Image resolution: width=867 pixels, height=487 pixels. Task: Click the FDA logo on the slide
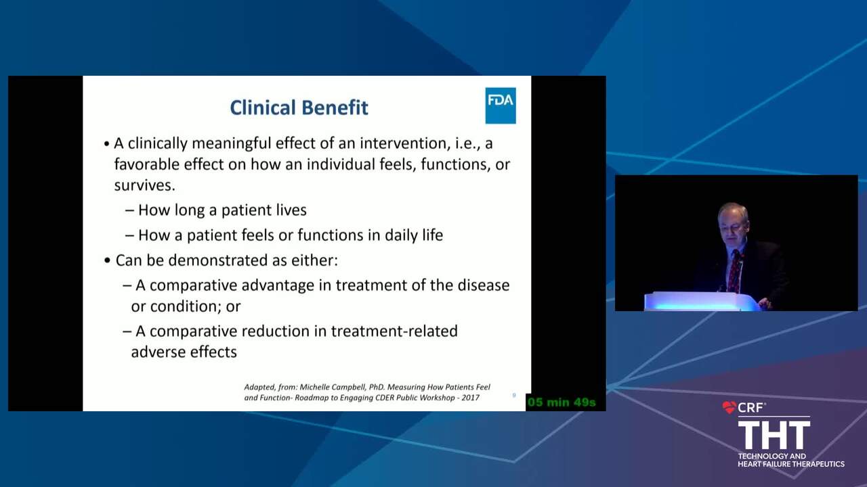(x=501, y=106)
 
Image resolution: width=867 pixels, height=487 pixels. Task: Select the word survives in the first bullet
(x=144, y=185)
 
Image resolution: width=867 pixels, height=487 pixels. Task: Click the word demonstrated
(x=218, y=260)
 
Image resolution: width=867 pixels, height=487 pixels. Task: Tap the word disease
(x=484, y=285)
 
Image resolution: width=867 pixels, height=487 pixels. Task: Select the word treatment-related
(x=394, y=331)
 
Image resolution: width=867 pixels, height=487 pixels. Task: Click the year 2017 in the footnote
(x=470, y=398)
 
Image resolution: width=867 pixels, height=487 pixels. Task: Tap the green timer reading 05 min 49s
(x=562, y=402)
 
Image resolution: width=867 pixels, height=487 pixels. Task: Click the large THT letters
(x=774, y=435)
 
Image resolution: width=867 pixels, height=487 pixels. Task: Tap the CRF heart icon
(x=729, y=407)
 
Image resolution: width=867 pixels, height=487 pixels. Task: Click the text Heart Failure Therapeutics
(x=791, y=464)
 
